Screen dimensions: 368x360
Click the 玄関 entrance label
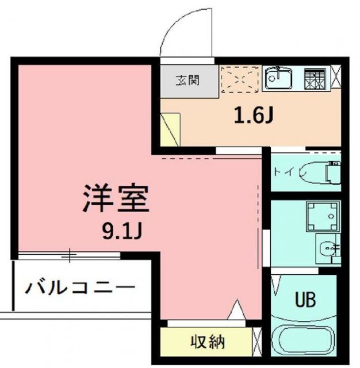tap(188, 80)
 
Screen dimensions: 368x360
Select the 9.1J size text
tap(122, 232)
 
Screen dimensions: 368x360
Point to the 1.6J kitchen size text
tap(252, 117)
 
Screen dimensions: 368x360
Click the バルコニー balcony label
tap(81, 287)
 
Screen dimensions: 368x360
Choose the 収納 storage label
tap(208, 343)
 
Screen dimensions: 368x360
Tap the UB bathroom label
tap(305, 300)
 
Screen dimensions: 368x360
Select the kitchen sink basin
tap(279, 79)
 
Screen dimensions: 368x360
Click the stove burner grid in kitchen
tap(315, 79)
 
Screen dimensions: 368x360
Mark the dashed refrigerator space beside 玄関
tap(240, 79)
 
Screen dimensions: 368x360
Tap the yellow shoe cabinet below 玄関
tap(171, 129)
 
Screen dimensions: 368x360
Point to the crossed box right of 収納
tap(257, 342)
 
